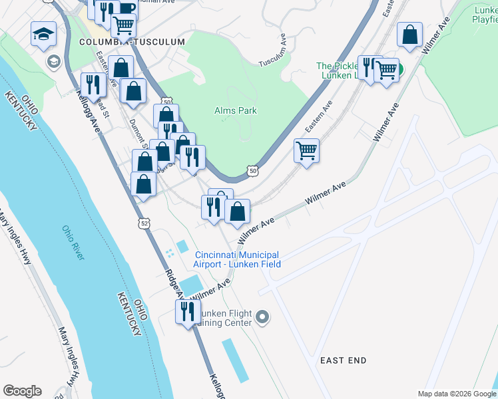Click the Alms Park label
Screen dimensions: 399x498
(235, 110)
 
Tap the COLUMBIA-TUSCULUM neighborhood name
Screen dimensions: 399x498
(131, 42)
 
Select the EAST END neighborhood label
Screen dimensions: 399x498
(343, 360)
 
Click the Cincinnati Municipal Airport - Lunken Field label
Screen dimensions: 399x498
(237, 259)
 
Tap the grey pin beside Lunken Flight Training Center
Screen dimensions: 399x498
(262, 317)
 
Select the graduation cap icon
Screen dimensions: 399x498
(43, 35)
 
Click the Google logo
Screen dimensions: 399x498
(22, 391)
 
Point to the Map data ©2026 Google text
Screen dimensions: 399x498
(457, 394)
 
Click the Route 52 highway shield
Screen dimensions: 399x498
(144, 223)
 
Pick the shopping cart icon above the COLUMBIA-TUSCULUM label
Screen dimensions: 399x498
(123, 25)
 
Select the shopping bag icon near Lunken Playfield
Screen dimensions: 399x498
(411, 35)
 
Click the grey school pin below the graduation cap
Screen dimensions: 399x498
(53, 62)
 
